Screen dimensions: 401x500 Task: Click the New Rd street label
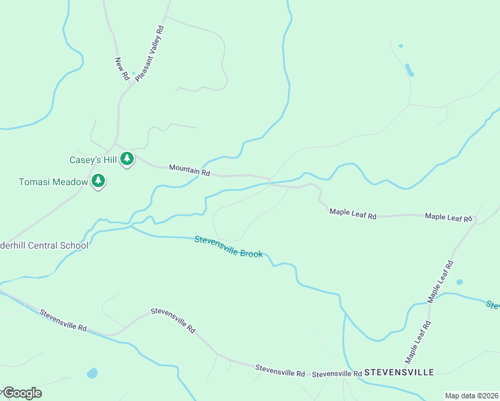pyautogui.click(x=122, y=69)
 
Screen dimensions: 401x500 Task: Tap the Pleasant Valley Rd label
pyautogui.click(x=150, y=54)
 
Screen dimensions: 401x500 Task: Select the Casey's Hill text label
pyautogui.click(x=94, y=160)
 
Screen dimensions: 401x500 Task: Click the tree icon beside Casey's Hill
pyautogui.click(x=126, y=159)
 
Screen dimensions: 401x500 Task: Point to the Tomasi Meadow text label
pyautogui.click(x=53, y=181)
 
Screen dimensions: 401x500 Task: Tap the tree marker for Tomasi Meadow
pyautogui.click(x=98, y=180)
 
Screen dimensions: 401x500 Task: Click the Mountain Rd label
pyautogui.click(x=190, y=171)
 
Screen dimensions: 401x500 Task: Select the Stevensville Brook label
pyautogui.click(x=229, y=247)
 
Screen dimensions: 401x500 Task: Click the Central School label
pyautogui.click(x=44, y=245)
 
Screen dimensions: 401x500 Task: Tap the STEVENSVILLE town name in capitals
pyautogui.click(x=400, y=372)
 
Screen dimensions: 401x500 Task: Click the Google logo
pyautogui.click(x=21, y=393)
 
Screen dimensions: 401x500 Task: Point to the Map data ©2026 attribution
pyautogui.click(x=471, y=396)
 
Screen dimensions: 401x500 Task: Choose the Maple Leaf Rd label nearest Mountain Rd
pyautogui.click(x=353, y=213)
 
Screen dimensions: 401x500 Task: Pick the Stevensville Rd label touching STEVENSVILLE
pyautogui.click(x=337, y=374)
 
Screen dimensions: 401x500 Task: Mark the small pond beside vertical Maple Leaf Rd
pyautogui.click(x=459, y=282)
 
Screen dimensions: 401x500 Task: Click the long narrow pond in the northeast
pyautogui.click(x=409, y=69)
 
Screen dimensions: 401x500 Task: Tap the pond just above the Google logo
pyautogui.click(x=92, y=372)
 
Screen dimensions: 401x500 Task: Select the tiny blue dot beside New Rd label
pyautogui.click(x=134, y=73)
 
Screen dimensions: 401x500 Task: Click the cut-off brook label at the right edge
pyautogui.click(x=493, y=305)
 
